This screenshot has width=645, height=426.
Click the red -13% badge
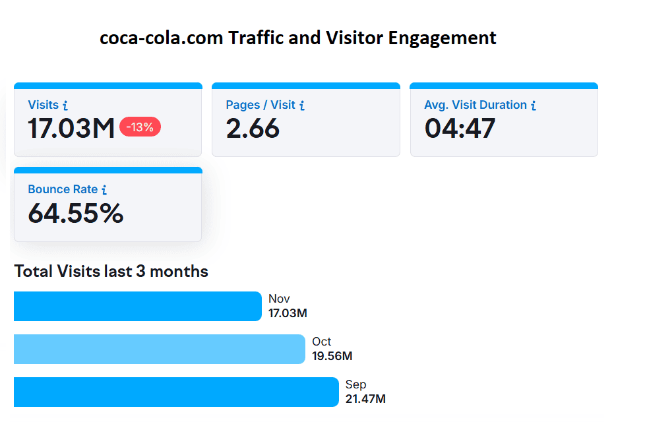(x=140, y=127)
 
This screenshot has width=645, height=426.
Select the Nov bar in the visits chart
(x=137, y=307)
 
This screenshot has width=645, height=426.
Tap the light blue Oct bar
(x=159, y=350)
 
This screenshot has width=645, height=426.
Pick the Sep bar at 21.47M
(x=175, y=392)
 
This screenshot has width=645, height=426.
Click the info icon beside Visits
(x=65, y=106)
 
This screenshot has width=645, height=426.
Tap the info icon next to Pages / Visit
(x=302, y=106)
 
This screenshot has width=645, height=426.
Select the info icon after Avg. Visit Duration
(x=534, y=106)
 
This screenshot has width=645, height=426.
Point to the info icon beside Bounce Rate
(x=104, y=190)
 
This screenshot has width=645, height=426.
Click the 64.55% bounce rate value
(x=76, y=214)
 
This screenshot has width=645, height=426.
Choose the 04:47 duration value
(x=460, y=129)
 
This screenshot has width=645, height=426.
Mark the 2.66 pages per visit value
(x=253, y=129)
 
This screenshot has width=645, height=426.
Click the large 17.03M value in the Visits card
(x=71, y=129)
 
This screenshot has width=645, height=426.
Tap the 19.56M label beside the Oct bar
(x=332, y=356)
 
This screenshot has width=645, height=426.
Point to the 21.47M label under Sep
(x=365, y=399)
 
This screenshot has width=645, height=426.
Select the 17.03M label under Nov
(x=288, y=313)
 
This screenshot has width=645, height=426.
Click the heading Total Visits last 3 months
(x=111, y=271)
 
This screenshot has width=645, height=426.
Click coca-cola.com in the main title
(x=161, y=38)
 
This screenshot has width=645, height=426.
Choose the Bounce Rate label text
(x=63, y=189)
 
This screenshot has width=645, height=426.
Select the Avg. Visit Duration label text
(x=475, y=105)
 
